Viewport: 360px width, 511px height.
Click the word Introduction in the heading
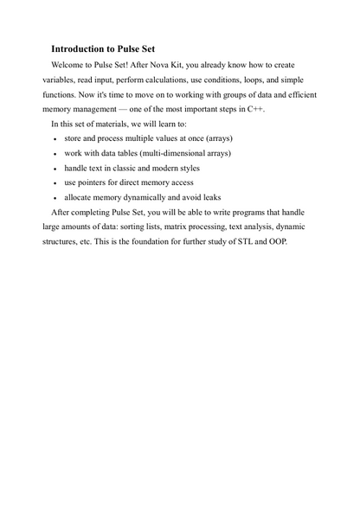(x=79, y=49)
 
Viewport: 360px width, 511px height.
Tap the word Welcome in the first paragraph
(x=70, y=66)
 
